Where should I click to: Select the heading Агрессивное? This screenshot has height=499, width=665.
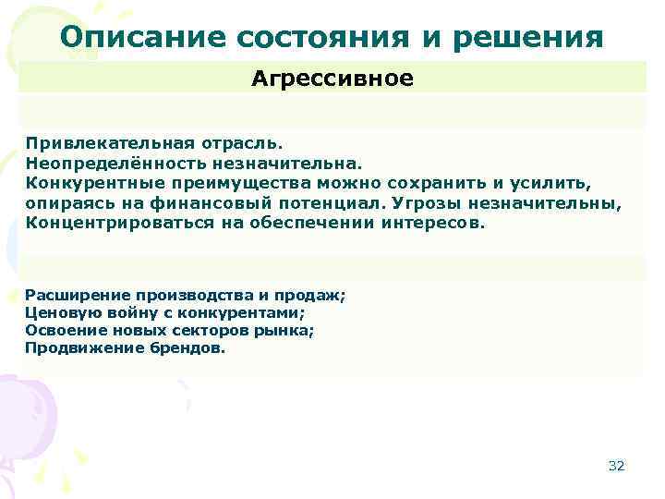point(332,79)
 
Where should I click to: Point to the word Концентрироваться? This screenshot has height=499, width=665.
point(109,223)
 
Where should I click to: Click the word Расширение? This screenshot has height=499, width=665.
point(70,296)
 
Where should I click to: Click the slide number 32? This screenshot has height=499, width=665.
point(616,466)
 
